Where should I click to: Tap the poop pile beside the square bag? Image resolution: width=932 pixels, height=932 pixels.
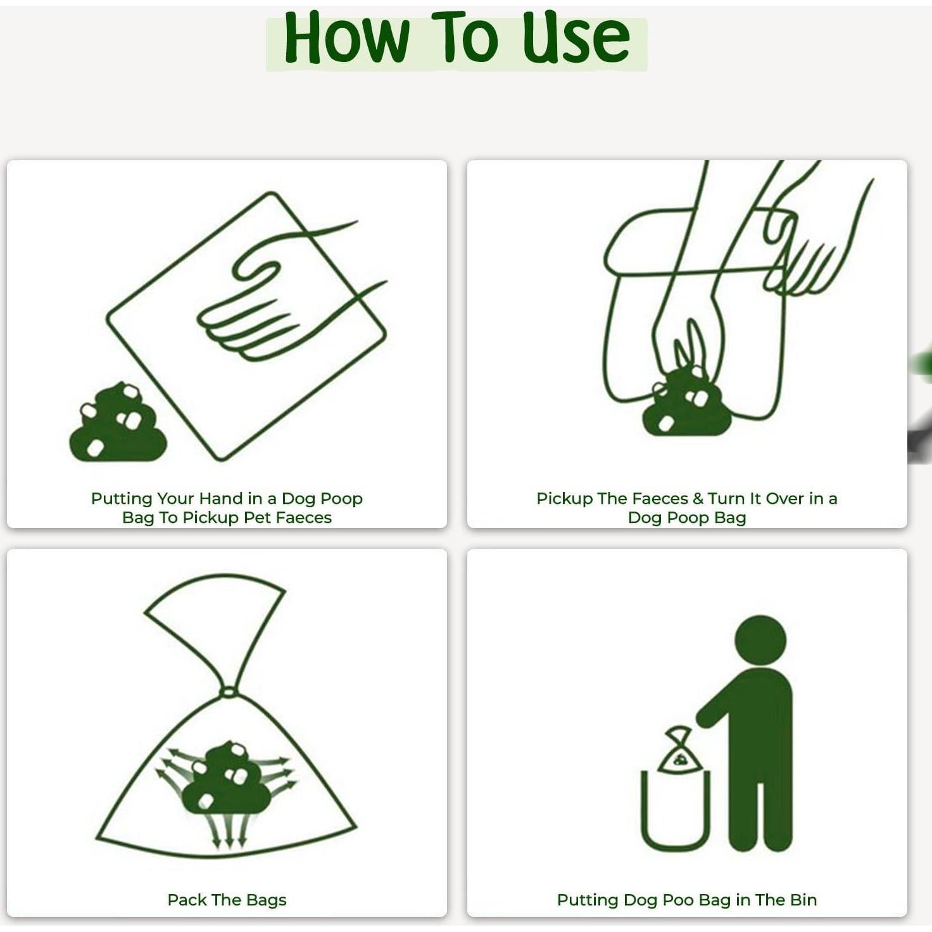click(x=118, y=423)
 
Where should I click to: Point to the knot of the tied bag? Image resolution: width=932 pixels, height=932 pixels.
click(x=228, y=691)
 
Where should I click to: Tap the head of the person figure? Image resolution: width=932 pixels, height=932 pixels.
click(x=760, y=640)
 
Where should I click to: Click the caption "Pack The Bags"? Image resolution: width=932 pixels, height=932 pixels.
click(x=227, y=900)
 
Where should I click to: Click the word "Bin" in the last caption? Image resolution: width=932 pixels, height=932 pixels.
click(x=803, y=900)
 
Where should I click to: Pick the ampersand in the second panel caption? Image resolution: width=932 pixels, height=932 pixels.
click(x=698, y=499)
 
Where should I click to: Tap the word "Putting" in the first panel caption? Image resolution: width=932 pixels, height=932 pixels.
click(x=122, y=499)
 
